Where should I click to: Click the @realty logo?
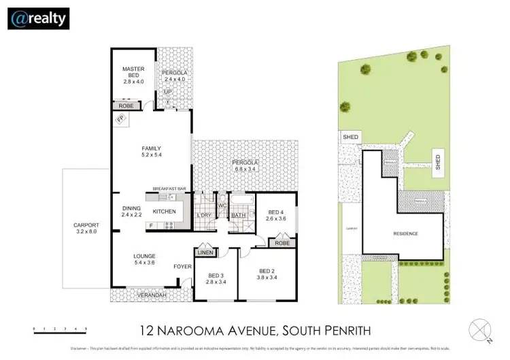point(38,18)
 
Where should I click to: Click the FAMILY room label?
point(151,151)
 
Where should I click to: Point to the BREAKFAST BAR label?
point(169,189)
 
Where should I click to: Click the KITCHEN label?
point(164,212)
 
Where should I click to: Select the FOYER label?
point(182,266)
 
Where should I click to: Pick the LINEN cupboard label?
point(206,253)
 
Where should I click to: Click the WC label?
point(222,206)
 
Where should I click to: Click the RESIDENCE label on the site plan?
point(405,233)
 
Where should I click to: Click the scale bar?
point(60,329)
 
